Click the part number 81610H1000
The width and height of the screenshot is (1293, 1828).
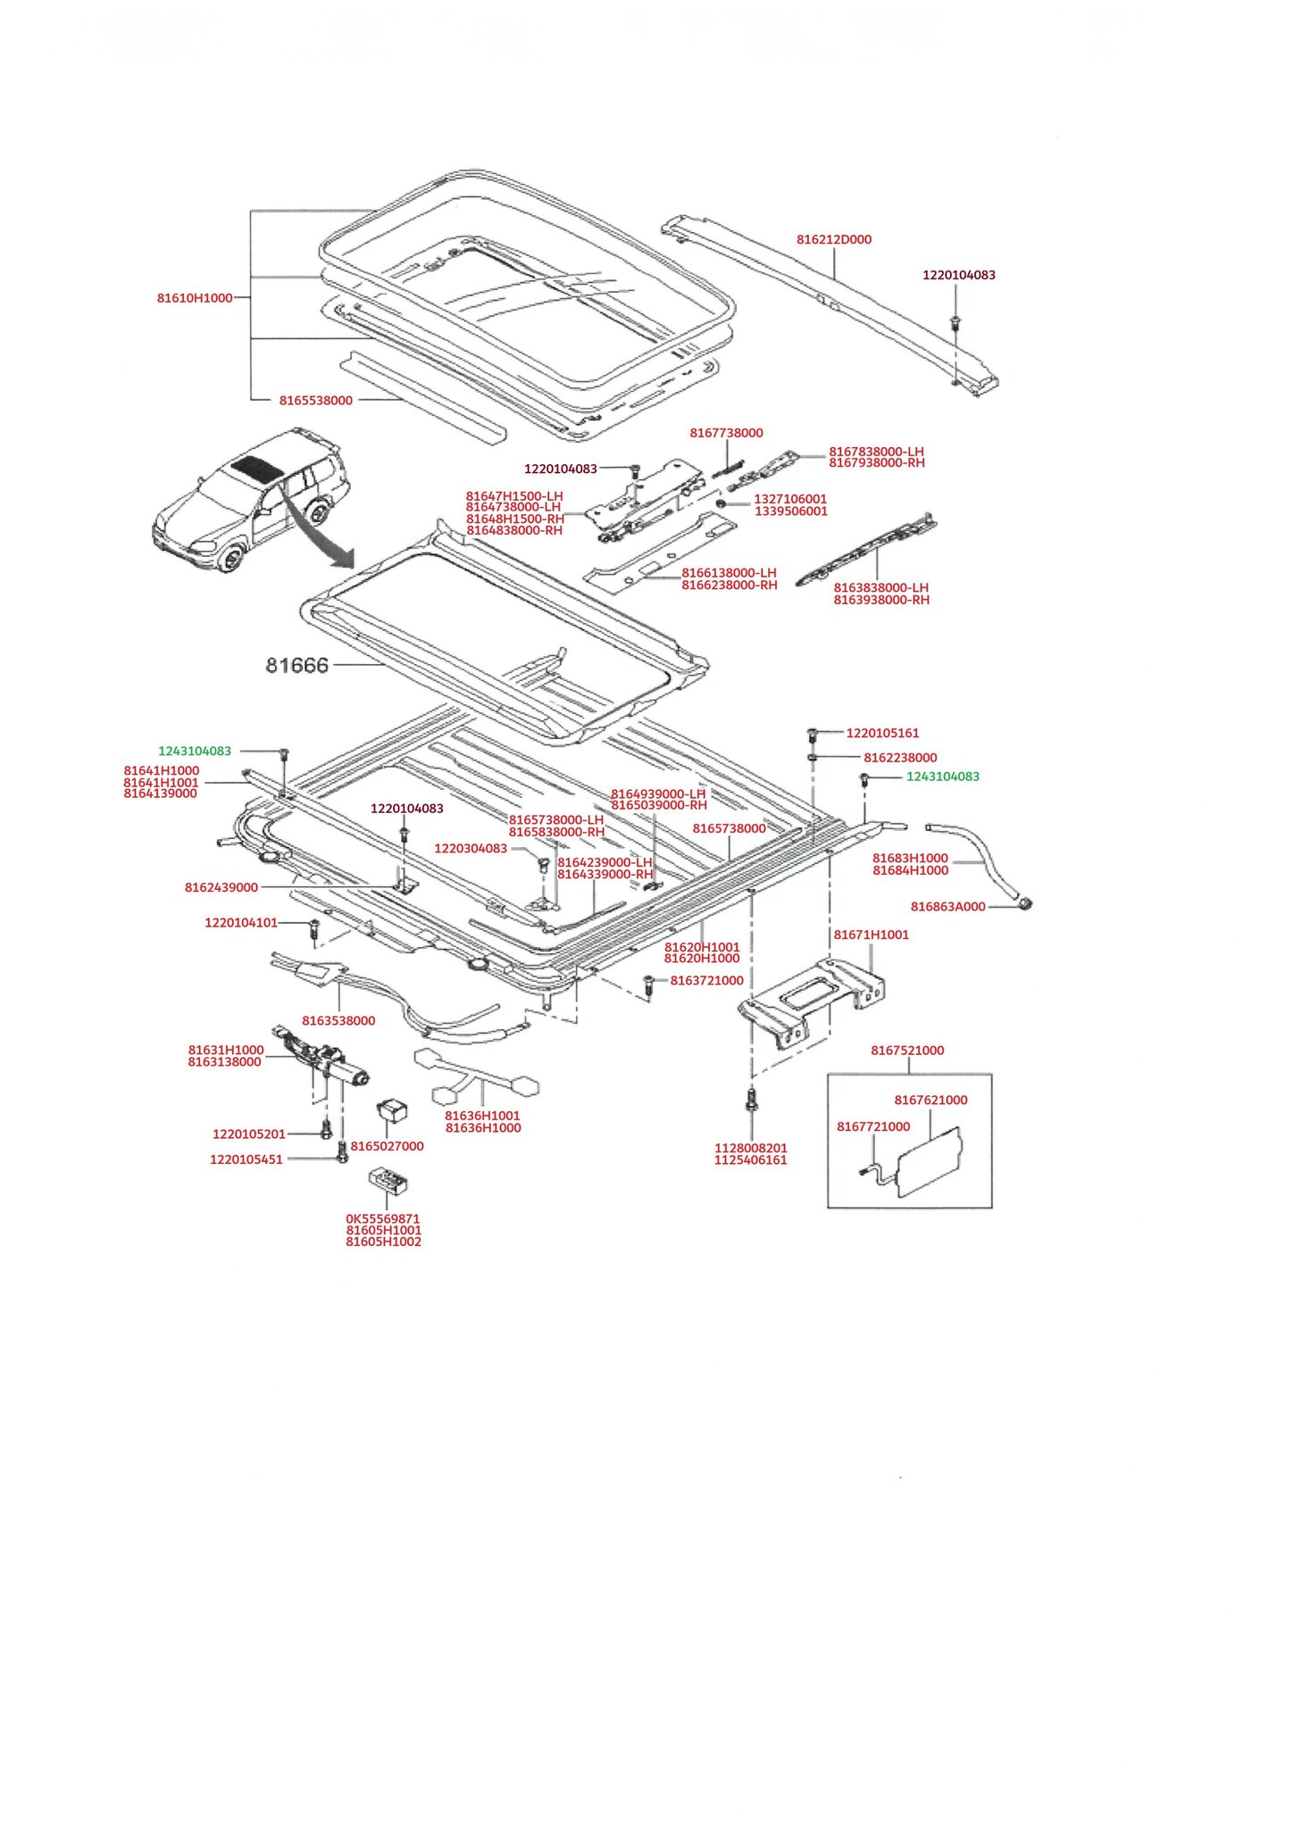coord(195,298)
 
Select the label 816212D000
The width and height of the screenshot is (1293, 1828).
coord(833,239)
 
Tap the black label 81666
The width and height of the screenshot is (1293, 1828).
coord(296,665)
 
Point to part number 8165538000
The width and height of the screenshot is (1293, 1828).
coord(315,401)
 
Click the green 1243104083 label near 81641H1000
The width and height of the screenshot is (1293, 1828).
coord(195,752)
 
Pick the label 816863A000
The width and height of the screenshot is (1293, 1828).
coord(947,907)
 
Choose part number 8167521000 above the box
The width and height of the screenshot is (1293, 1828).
coord(907,1051)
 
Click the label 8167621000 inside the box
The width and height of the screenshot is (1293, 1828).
coord(930,1101)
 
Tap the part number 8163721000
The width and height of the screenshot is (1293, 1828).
coord(706,981)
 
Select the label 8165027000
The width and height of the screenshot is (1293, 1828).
coord(387,1146)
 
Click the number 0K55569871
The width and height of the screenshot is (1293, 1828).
coord(382,1218)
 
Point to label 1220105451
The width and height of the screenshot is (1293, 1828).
coord(246,1159)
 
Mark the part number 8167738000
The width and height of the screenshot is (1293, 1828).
coord(726,433)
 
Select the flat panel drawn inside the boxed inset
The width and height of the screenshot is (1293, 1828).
coord(929,1161)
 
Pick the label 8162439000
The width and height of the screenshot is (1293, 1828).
coord(221,887)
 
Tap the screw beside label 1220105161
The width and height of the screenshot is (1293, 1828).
coord(813,735)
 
